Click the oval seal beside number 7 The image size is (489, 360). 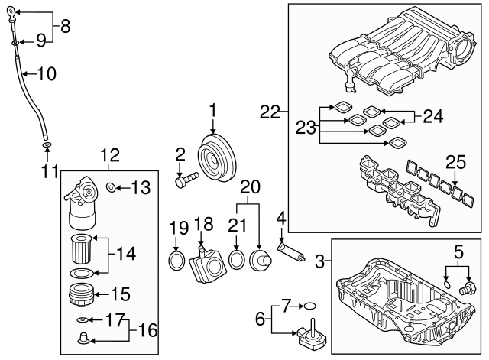click(311, 306)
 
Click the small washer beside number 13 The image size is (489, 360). click(112, 187)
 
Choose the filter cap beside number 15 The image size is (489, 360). click(80, 294)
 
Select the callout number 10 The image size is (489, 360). click(47, 74)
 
